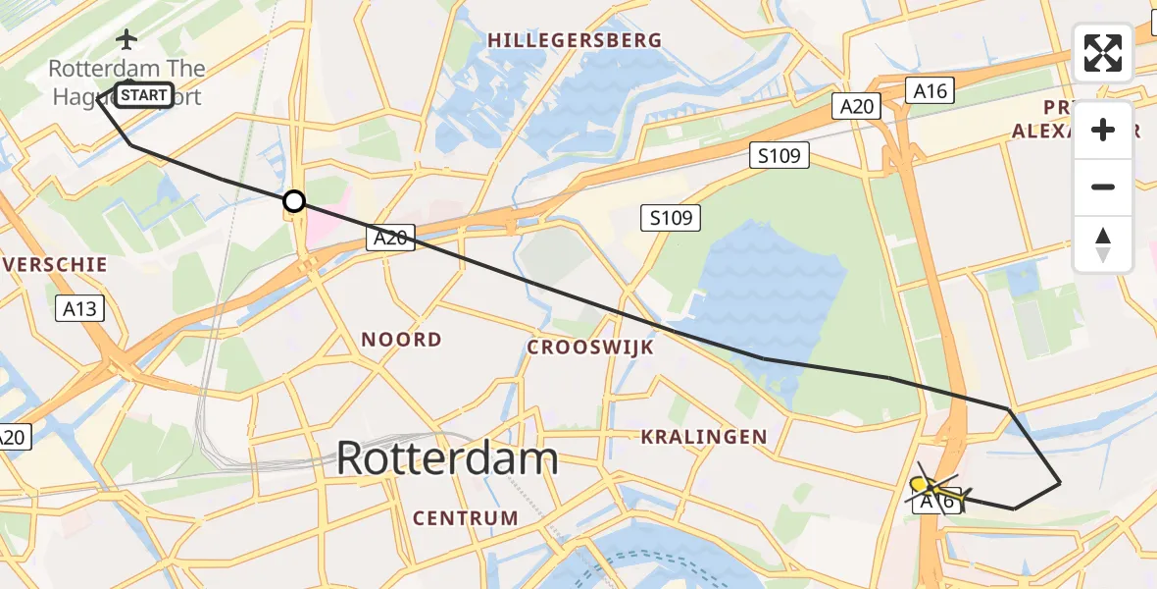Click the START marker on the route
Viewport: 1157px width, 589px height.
click(x=145, y=95)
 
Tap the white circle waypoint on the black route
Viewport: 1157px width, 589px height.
click(x=293, y=202)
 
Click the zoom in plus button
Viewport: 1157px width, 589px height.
click(x=1103, y=131)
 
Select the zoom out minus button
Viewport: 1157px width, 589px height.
click(x=1103, y=187)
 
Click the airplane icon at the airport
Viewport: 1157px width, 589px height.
click(x=126, y=39)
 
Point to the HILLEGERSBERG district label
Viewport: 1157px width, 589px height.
click(x=575, y=40)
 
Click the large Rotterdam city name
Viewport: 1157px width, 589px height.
click(x=447, y=458)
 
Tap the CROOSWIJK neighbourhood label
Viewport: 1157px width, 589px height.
click(x=590, y=347)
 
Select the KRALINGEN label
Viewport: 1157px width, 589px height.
click(x=704, y=437)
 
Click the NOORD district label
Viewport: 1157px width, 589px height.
click(x=401, y=340)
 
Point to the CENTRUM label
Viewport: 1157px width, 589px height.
click(x=466, y=517)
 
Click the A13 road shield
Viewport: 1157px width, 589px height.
click(x=79, y=309)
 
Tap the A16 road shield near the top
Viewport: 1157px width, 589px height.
click(x=930, y=91)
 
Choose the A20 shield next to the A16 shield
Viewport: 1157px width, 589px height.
click(x=856, y=106)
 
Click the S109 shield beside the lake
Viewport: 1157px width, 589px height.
click(x=672, y=218)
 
